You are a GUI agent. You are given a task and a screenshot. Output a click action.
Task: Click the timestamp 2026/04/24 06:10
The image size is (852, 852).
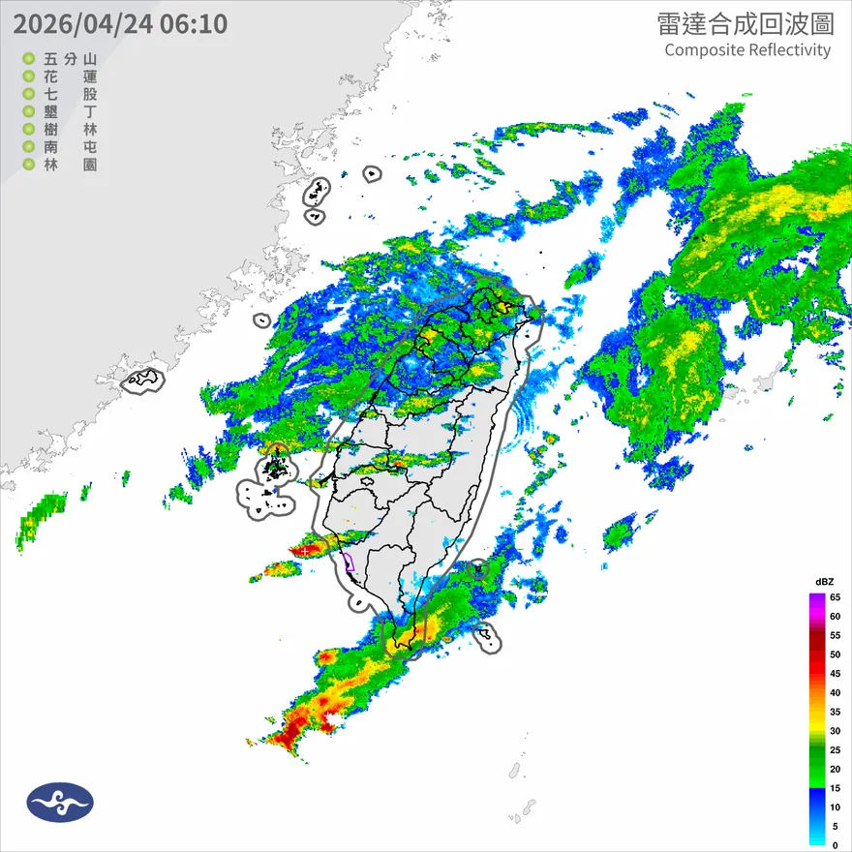(x=120, y=23)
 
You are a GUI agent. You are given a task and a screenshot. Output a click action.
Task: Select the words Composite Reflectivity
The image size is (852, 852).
(x=747, y=50)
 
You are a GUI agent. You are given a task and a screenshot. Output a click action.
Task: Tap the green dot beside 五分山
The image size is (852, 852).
(x=29, y=59)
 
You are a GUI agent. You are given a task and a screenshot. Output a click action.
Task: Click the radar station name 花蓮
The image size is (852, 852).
(x=71, y=76)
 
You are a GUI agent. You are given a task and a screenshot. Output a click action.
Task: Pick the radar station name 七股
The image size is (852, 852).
(x=71, y=94)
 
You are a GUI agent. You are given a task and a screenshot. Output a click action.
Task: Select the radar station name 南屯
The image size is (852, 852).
(x=71, y=147)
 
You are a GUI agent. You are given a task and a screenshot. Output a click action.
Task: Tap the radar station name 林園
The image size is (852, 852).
(x=71, y=165)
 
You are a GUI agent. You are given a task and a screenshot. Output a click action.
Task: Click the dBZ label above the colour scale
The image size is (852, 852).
(x=824, y=581)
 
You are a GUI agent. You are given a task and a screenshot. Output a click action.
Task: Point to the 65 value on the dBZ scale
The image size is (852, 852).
(x=834, y=597)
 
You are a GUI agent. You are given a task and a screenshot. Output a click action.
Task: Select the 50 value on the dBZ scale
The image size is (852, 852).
(x=834, y=654)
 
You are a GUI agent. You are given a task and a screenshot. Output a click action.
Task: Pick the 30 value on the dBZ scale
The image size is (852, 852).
(x=834, y=731)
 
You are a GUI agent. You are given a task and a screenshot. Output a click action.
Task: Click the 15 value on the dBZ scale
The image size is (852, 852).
(x=834, y=788)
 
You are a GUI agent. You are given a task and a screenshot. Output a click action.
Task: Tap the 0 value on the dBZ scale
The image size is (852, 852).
(x=834, y=845)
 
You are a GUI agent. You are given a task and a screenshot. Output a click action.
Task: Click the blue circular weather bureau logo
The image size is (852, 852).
(x=60, y=802)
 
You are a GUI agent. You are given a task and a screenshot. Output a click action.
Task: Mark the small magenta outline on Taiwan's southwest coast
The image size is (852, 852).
(x=349, y=562)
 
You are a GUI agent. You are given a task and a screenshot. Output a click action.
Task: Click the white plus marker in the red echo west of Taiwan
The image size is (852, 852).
(x=306, y=550)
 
